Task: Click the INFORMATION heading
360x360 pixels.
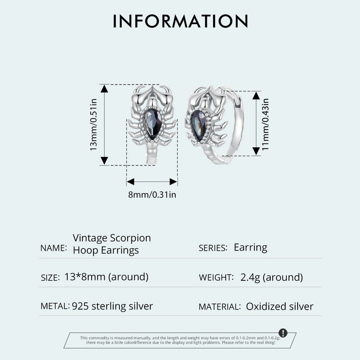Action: pyautogui.click(x=180, y=22)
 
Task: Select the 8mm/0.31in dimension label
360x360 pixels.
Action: pyautogui.click(x=152, y=194)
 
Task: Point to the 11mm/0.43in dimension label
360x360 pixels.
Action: pyautogui.click(x=265, y=124)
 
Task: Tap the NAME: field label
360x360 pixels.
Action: pyautogui.click(x=53, y=248)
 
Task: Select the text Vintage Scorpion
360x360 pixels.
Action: pyautogui.click(x=112, y=238)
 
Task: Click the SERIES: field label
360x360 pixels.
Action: pyautogui.click(x=213, y=248)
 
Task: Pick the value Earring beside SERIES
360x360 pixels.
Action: pyautogui.click(x=250, y=248)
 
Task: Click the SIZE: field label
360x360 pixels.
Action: pyautogui.click(x=50, y=277)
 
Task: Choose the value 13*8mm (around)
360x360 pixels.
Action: pyautogui.click(x=106, y=277)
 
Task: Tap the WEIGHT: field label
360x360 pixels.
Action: pyautogui.click(x=216, y=277)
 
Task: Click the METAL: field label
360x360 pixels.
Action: pyautogui.click(x=55, y=306)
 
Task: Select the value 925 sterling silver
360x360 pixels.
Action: pyautogui.click(x=112, y=306)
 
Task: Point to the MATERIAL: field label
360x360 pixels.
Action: pyautogui.click(x=219, y=307)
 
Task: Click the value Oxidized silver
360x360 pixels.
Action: pyautogui.click(x=279, y=306)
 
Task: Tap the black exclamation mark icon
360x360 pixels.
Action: pyautogui.click(x=283, y=333)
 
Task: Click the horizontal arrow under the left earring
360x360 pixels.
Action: pyautogui.click(x=152, y=182)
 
